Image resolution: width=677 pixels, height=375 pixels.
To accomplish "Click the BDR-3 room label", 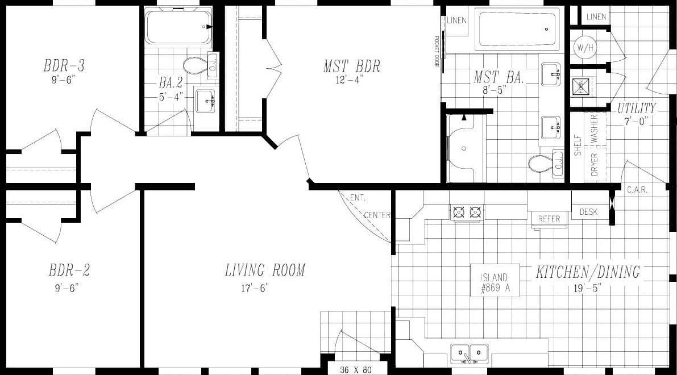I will pos(64,65).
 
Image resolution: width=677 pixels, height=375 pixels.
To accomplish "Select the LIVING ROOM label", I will pos(265,270).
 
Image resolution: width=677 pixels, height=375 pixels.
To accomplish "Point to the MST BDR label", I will pos(351,66).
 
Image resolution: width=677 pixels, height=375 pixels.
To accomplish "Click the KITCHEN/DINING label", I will pos(588,272).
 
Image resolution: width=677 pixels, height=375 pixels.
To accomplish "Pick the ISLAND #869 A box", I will pos(495,282).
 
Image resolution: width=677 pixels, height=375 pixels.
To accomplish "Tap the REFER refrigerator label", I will pos(549,219).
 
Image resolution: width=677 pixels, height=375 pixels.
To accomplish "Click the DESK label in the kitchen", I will pos(589,212).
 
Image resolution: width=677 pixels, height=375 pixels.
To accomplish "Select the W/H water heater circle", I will pos(584,47).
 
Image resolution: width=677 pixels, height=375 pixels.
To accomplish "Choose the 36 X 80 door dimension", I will pos(356,370).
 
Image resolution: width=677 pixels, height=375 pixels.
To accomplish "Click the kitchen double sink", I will pos(470,353).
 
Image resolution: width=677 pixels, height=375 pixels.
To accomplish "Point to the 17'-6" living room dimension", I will pos(255,287).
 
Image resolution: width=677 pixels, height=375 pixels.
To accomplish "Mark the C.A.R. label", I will pos(637,190).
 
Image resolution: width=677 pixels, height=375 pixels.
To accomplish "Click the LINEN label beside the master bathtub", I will pos(456,20).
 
